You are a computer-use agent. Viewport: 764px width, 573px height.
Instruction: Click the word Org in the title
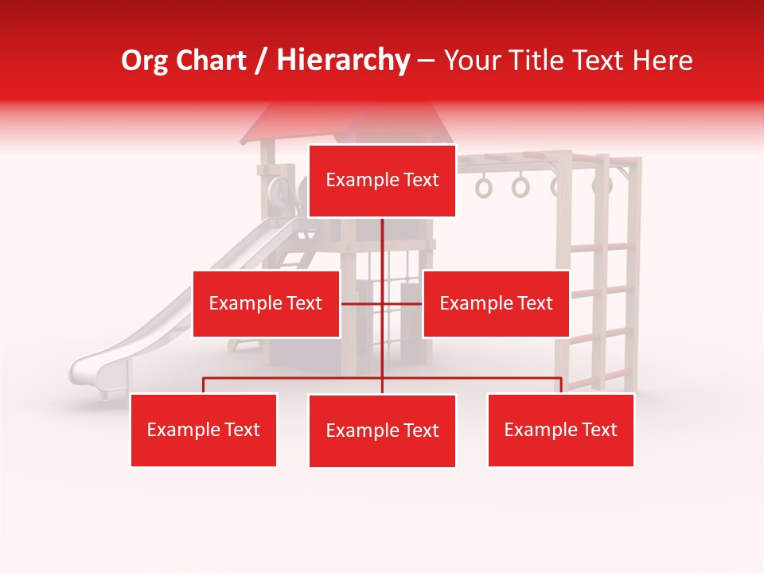144,60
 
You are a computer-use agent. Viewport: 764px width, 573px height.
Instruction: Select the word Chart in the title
210,60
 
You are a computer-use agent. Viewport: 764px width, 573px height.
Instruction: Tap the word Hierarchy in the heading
342,60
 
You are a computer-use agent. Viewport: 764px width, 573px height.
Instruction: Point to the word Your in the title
472,60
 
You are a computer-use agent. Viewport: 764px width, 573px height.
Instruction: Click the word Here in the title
663,60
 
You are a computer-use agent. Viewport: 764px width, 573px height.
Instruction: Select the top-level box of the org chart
382,181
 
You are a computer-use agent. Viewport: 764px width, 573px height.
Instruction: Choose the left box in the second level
266,303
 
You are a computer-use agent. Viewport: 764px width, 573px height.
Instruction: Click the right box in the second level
496,303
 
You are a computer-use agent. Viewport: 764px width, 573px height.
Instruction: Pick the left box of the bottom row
204,430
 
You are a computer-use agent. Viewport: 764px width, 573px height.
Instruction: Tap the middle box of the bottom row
382,431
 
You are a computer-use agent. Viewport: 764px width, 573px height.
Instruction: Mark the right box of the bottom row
560,430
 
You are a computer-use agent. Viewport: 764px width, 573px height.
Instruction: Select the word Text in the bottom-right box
599,430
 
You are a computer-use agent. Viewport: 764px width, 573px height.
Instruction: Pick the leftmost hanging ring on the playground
484,188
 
